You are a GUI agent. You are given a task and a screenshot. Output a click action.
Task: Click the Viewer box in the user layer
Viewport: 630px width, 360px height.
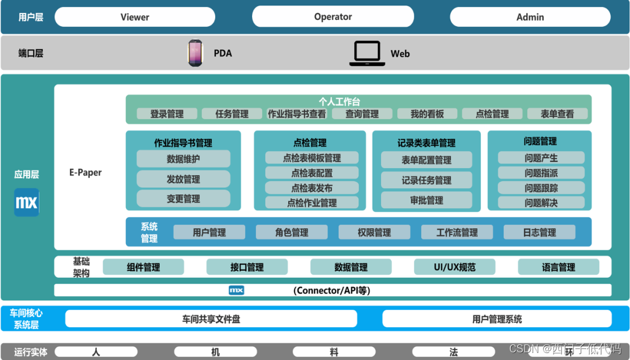click(135, 17)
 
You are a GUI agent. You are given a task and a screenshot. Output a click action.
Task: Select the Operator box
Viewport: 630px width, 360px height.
click(332, 17)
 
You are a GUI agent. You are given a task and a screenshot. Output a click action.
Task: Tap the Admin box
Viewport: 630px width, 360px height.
click(530, 17)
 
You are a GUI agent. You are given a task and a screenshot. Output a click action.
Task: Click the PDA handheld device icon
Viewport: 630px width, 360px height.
click(195, 53)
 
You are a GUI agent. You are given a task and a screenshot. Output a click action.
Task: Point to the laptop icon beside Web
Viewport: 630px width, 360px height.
click(367, 53)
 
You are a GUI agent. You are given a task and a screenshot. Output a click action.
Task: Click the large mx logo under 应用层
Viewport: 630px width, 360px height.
click(27, 202)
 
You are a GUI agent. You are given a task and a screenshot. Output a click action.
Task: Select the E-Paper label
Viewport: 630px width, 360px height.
click(85, 173)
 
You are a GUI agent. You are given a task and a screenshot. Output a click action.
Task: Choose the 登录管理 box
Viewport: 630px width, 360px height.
click(167, 114)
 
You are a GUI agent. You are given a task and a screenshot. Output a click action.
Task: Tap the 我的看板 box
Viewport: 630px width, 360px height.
click(427, 114)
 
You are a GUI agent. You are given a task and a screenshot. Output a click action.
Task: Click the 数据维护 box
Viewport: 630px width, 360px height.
click(183, 159)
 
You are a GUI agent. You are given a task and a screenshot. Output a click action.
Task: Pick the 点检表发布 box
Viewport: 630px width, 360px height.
click(311, 188)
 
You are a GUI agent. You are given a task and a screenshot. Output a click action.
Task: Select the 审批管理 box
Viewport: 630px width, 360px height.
click(426, 200)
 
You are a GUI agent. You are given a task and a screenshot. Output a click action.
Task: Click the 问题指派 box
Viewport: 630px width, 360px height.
click(541, 173)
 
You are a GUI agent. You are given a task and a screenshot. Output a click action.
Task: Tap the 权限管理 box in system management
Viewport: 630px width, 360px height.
click(374, 232)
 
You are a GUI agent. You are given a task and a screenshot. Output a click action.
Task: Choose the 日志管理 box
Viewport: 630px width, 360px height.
click(539, 232)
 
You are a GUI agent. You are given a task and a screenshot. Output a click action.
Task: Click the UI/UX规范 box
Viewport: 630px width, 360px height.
click(454, 267)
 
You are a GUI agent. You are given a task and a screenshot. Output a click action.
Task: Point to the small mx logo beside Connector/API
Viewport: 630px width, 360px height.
click(236, 290)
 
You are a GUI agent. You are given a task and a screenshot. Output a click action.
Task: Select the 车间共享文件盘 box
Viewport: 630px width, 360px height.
click(211, 319)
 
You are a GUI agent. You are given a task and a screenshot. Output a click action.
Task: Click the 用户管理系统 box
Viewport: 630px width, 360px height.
click(497, 319)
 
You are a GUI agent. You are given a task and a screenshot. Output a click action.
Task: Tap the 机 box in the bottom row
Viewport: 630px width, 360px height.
click(215, 352)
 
